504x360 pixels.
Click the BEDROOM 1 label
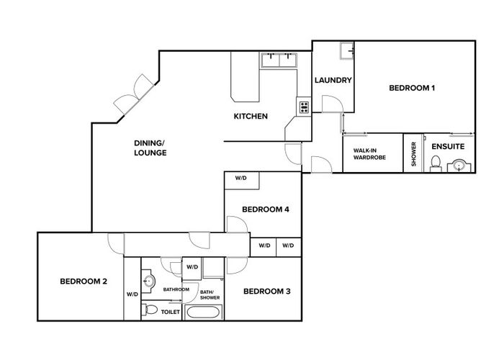coord(412,89)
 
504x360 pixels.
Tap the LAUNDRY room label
coord(332,81)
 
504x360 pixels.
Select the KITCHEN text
coord(251,117)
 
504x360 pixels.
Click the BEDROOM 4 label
coord(265,210)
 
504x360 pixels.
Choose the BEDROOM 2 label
coord(84,281)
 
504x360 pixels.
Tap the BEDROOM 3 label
coord(266,292)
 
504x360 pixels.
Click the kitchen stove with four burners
coord(304,108)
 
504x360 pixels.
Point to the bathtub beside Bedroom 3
coord(205,312)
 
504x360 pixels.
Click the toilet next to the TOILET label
coord(150,310)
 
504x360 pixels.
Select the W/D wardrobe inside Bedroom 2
coord(132,294)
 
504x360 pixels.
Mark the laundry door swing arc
coord(332,105)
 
